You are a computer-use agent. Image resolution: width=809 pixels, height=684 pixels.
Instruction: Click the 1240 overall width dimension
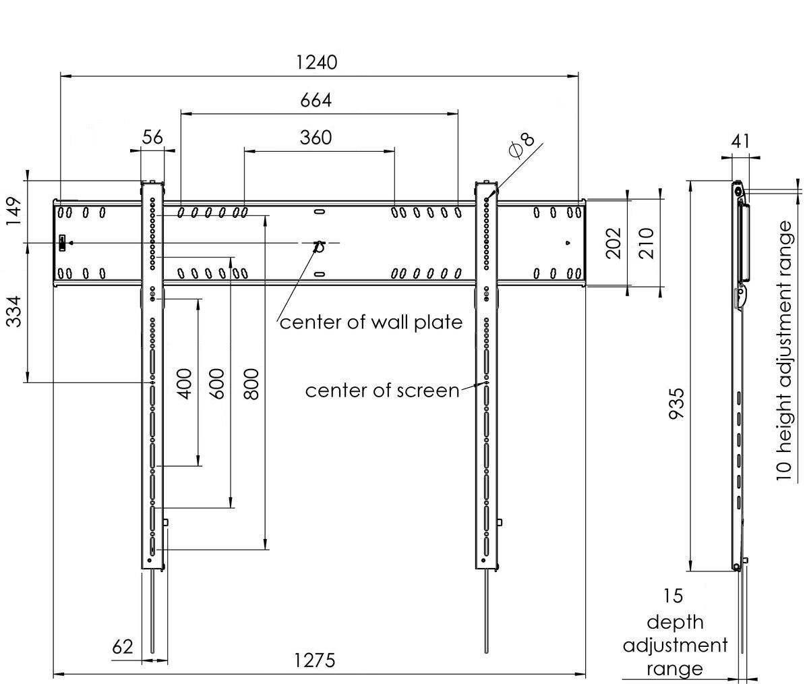coord(317,63)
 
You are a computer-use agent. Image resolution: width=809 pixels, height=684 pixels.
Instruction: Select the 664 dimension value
coord(316,101)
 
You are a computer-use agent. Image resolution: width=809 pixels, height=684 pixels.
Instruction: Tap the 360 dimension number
coord(316,138)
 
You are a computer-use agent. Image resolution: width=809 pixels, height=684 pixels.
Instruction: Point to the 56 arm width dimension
coord(152,137)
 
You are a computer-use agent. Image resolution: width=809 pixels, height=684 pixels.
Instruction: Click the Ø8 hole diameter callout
coord(522,146)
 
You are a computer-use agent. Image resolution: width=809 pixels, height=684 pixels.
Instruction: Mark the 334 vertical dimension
coord(14,312)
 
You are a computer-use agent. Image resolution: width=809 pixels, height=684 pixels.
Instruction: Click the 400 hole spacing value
coord(185,384)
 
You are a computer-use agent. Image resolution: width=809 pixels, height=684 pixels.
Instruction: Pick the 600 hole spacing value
coord(217,384)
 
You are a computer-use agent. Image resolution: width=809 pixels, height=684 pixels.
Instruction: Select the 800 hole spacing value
coord(251,384)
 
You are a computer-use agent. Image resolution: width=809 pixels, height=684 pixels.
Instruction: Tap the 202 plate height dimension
coord(613,243)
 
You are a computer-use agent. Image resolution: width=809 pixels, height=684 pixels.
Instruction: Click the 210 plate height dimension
coord(647,243)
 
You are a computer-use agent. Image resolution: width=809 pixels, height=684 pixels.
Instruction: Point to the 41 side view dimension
coord(740,142)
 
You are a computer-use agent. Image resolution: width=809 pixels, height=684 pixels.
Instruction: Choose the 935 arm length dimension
coord(677,403)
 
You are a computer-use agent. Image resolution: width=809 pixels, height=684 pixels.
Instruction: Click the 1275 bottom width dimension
coord(315,661)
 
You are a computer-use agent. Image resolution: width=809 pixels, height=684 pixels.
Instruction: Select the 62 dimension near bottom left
coord(123,647)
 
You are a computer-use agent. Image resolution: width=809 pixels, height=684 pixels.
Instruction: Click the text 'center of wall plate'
coord(371,322)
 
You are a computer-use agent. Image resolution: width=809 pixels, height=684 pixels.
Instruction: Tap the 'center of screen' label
coord(382,391)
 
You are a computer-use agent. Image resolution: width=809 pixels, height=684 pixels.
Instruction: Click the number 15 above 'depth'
coord(673,596)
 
